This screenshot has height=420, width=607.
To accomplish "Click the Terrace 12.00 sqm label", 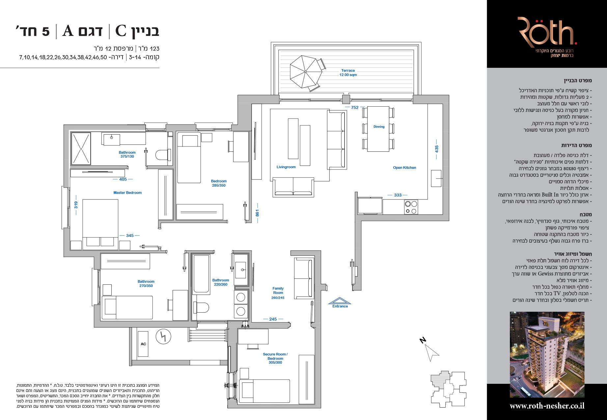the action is tap(348, 73).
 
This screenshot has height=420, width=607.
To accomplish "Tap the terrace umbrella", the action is tap(305, 71).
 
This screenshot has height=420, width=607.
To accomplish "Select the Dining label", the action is tap(379, 127).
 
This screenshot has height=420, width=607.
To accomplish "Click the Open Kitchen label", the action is tap(404, 168).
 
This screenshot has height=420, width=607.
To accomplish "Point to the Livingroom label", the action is tap(286, 167).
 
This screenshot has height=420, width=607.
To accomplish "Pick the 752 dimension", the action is tap(355, 108).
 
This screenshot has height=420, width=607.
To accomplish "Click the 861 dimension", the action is tap(257, 213).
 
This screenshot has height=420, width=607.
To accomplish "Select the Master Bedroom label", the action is tap(127, 193).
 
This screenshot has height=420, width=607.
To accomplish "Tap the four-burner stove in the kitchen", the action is tap(411, 207).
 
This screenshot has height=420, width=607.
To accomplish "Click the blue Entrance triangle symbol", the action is tap(340, 301).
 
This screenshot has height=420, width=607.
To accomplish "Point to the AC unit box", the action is tap(143, 344).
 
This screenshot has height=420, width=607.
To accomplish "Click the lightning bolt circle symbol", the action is tap(163, 336).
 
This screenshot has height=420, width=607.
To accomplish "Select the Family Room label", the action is tap(278, 291).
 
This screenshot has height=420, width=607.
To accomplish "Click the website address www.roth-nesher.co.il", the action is tap(547, 406).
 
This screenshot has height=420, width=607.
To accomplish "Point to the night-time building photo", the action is tap(547, 354).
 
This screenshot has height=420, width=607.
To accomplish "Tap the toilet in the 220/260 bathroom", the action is tap(201, 308).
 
